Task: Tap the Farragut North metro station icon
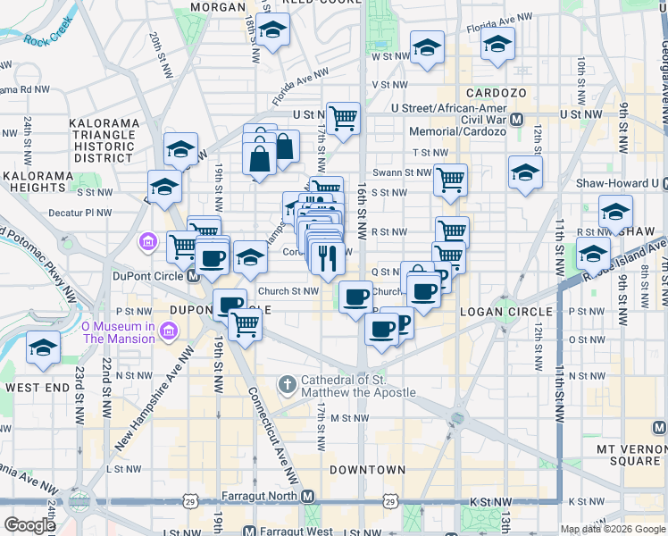click(x=308, y=496)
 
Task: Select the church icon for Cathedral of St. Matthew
click(x=287, y=385)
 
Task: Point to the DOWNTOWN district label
click(x=367, y=469)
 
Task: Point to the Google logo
click(x=29, y=525)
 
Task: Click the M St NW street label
click(x=349, y=418)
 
